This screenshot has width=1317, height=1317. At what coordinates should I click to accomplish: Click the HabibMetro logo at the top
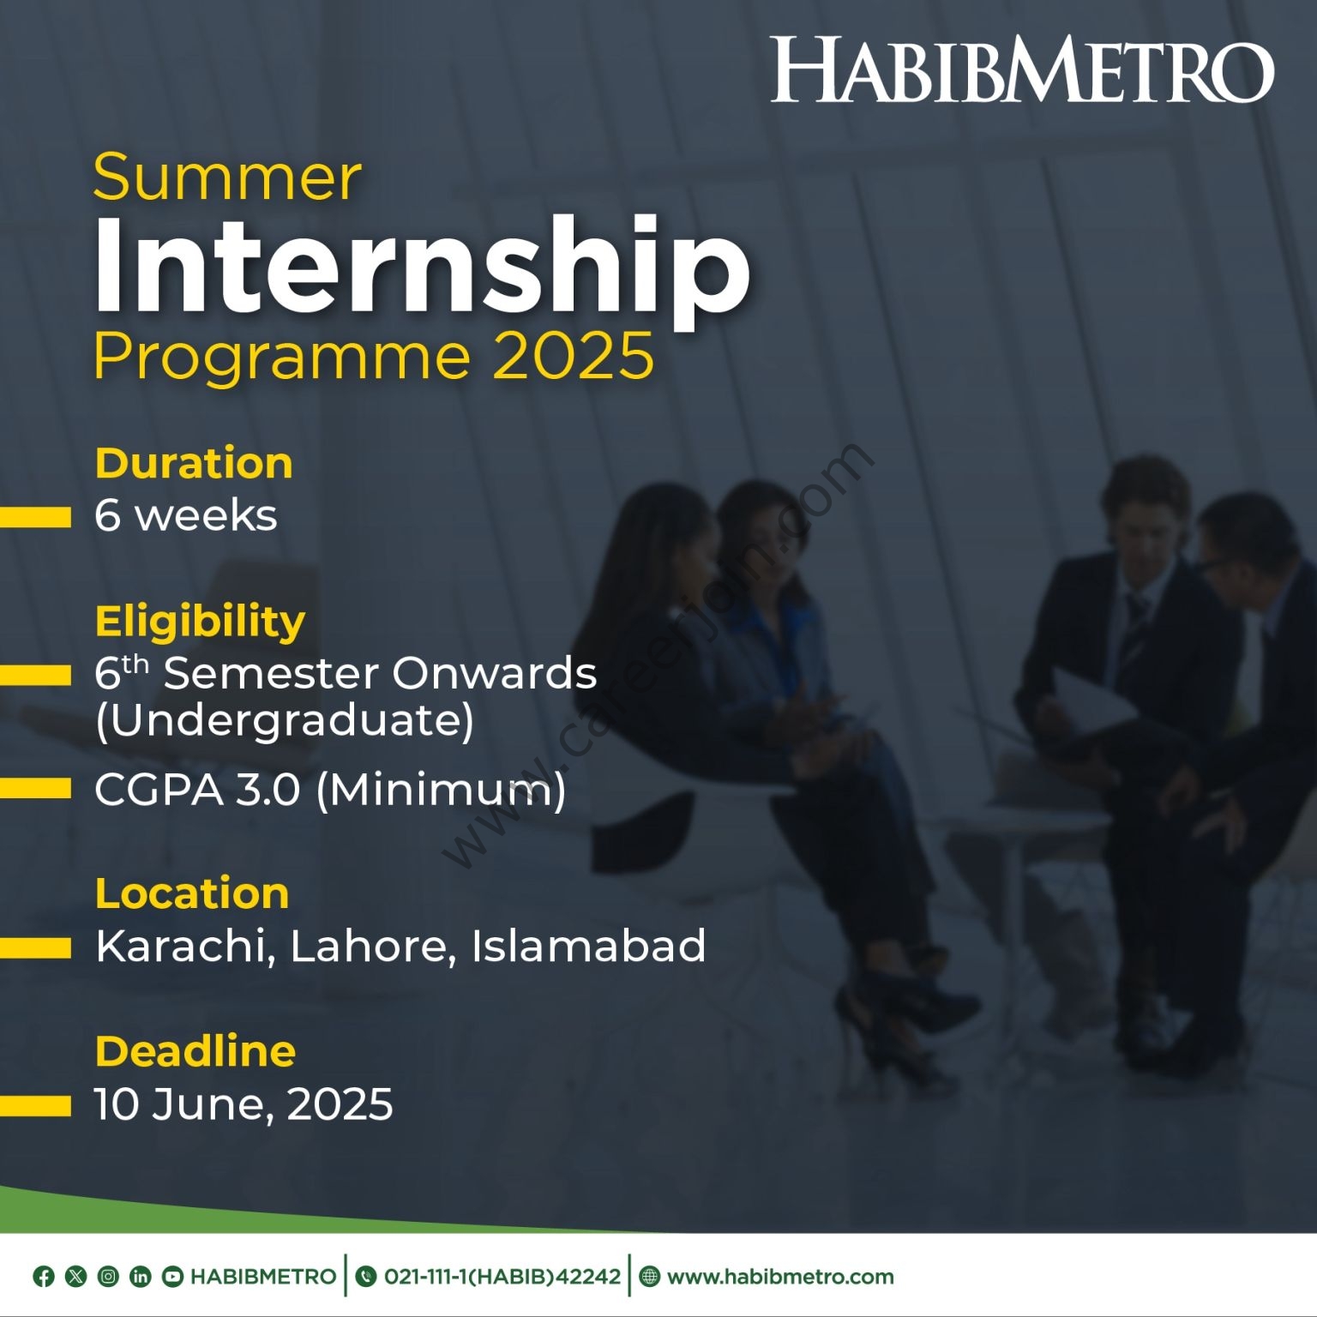(x=1022, y=70)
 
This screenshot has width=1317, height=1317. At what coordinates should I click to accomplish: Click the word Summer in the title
(x=227, y=177)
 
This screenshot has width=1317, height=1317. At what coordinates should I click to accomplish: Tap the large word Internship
(x=422, y=266)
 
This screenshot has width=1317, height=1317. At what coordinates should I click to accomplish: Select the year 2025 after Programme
(x=574, y=356)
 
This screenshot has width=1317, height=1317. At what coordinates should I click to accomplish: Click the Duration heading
(x=194, y=463)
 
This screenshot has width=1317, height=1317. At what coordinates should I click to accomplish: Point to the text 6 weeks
(x=186, y=515)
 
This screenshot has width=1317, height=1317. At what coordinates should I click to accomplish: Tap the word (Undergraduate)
(x=285, y=720)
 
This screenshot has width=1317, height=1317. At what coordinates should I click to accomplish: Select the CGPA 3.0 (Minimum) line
(x=330, y=790)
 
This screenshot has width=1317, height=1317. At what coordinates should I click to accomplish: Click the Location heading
(x=192, y=893)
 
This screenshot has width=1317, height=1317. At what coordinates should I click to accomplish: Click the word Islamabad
(x=589, y=946)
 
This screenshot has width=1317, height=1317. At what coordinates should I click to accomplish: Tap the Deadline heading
(x=195, y=1051)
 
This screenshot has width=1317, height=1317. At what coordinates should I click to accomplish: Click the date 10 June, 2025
(x=244, y=1104)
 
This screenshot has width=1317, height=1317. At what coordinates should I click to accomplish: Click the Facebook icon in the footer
(x=44, y=1277)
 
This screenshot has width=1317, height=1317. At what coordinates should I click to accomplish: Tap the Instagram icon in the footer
(x=108, y=1277)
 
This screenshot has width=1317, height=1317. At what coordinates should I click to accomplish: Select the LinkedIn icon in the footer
(x=140, y=1277)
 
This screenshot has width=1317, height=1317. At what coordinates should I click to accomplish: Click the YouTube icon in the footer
(x=172, y=1277)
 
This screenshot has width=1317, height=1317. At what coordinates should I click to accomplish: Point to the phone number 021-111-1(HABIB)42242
(x=502, y=1277)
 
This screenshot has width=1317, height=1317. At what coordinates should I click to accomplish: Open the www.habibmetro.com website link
(x=780, y=1277)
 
